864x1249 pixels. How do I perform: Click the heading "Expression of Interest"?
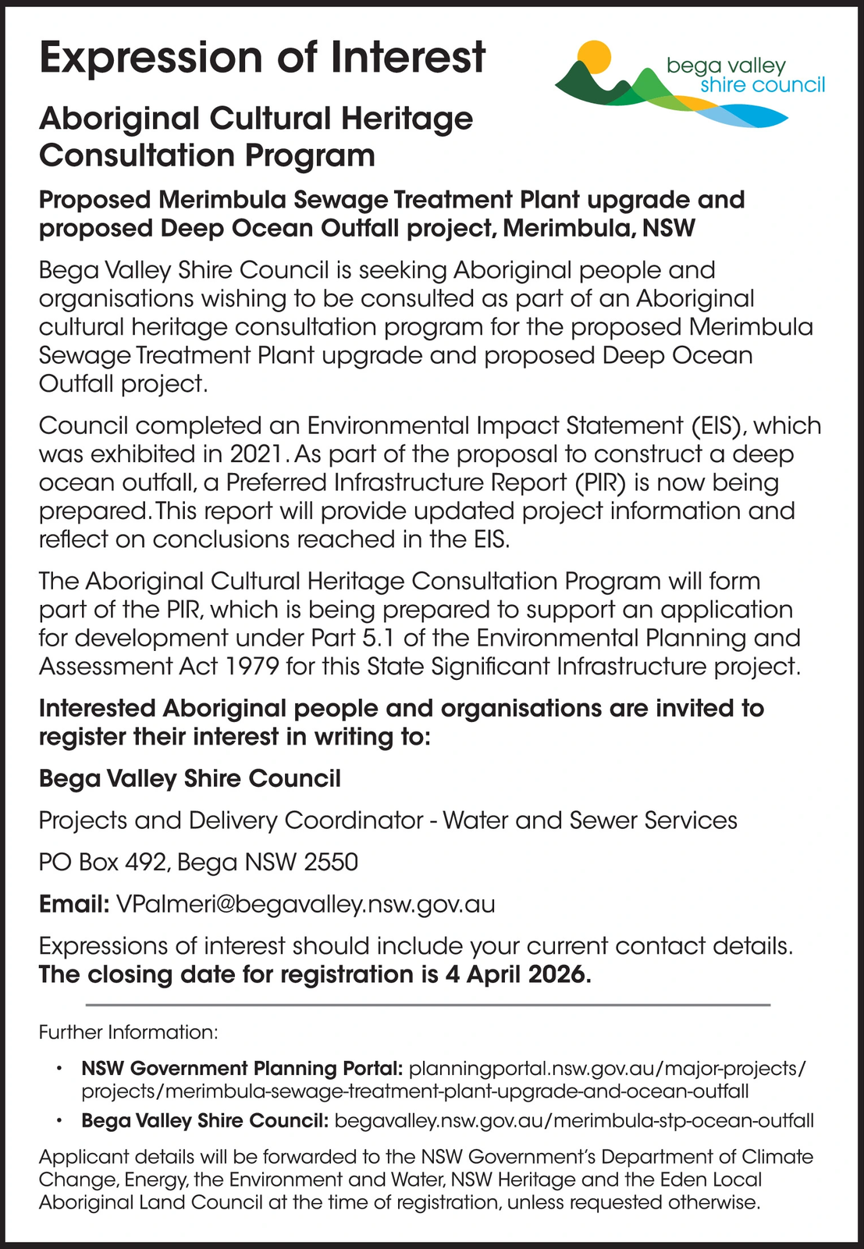point(262,59)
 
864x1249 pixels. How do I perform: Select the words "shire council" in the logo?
point(762,85)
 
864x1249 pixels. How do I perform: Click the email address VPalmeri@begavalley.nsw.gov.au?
point(305,904)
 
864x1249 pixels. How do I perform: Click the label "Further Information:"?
point(128,1032)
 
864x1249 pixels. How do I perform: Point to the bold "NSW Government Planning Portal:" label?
point(242,1068)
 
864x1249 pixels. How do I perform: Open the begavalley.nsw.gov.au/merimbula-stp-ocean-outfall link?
point(574,1121)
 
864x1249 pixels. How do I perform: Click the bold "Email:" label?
point(74,904)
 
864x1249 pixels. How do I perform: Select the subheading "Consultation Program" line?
point(207,155)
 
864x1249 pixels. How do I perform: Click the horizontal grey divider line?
point(428,1005)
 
